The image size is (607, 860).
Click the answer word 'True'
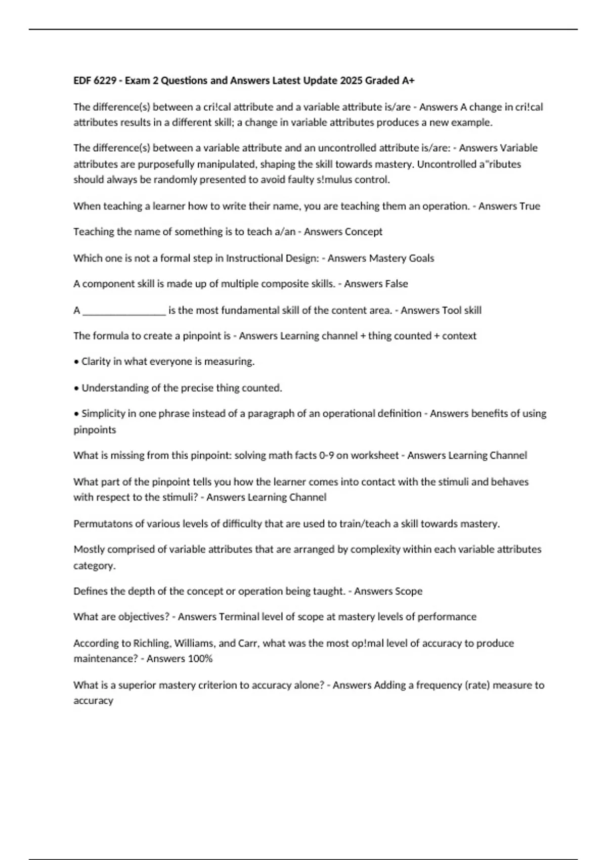coord(530,206)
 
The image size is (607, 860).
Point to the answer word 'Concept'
coord(363,232)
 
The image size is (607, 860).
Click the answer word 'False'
coord(397,284)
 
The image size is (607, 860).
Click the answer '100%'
coord(200,659)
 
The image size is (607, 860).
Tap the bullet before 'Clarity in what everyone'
coord(76,362)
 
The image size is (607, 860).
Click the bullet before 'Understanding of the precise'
coord(76,388)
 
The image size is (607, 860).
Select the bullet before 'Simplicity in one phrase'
coord(76,414)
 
